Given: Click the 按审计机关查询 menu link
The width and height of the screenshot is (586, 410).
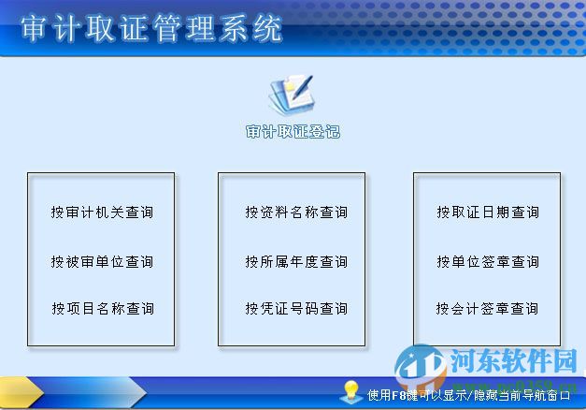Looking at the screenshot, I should [x=102, y=212].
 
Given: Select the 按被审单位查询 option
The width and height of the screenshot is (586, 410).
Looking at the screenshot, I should [x=102, y=261].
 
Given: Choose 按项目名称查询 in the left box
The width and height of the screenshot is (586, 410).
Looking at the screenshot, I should [x=102, y=308].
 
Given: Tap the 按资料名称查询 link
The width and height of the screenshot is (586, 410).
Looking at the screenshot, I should [x=296, y=212].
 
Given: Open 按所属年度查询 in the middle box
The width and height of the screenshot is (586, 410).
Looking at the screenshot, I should [x=296, y=261].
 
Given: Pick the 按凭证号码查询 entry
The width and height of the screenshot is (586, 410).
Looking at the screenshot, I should [x=296, y=308].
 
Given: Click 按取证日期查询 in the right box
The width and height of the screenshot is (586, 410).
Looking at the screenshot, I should [x=487, y=212].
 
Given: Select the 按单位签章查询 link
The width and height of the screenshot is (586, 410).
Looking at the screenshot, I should [x=487, y=261].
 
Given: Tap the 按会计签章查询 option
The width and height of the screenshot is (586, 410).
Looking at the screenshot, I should [x=487, y=308].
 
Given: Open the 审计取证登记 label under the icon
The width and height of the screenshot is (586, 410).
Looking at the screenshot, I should [x=293, y=132].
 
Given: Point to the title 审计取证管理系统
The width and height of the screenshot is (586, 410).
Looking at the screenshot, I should [x=151, y=29].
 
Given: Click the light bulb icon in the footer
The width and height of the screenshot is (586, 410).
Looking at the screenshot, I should [x=351, y=391].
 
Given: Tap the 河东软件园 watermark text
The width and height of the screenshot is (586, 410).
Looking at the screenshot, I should [x=513, y=359].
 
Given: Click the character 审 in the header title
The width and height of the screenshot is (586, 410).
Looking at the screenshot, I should [x=34, y=29].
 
